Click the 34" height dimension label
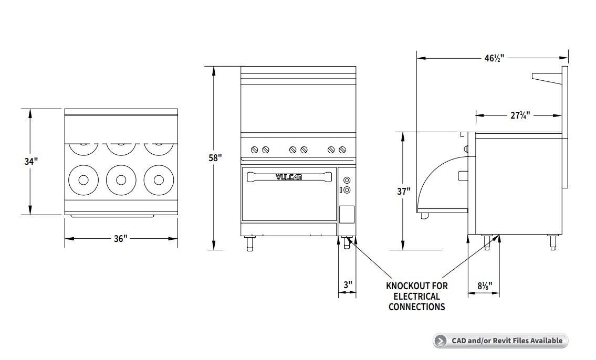click(x=32, y=161)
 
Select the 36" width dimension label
click(x=120, y=239)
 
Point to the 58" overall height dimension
click(x=216, y=157)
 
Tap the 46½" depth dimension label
click(x=494, y=58)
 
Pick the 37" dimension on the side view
click(x=403, y=192)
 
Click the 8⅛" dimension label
click(x=484, y=286)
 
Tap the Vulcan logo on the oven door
click(x=289, y=177)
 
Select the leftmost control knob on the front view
click(x=255, y=150)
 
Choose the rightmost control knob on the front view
click(x=342, y=150)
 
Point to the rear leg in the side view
click(x=553, y=242)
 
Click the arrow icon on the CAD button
click(x=442, y=341)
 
